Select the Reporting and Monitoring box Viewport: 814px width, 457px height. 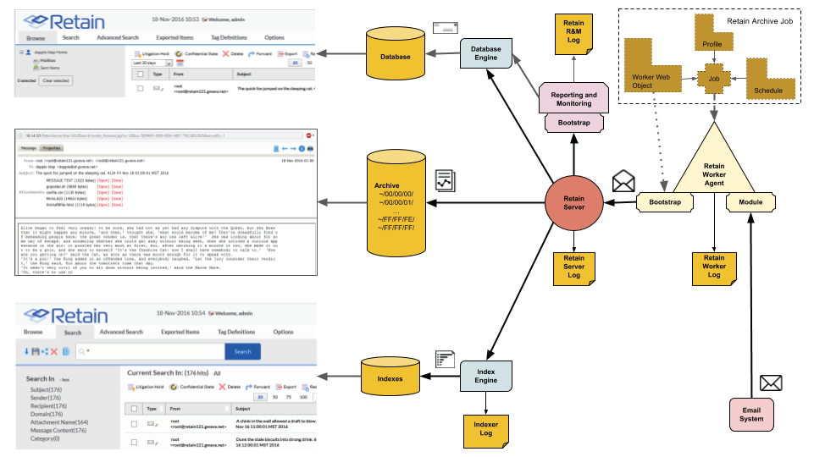[573, 99]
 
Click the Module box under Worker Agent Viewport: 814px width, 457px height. [751, 202]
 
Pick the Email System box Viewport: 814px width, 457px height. [751, 414]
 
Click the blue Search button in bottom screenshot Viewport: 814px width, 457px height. [242, 351]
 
